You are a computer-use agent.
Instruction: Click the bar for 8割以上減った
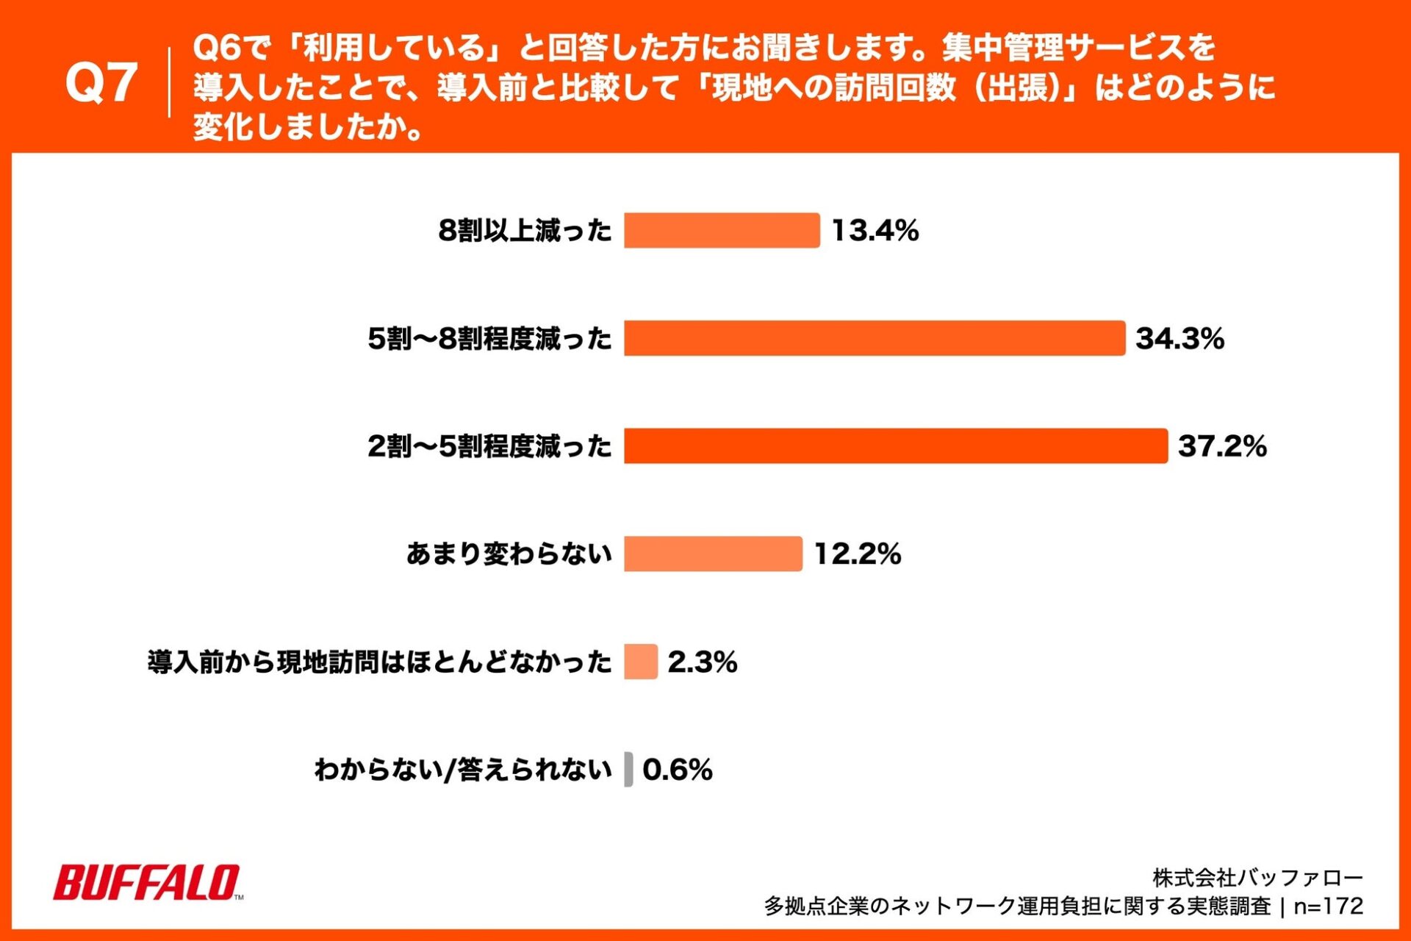(x=721, y=231)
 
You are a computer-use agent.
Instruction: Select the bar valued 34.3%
(x=874, y=338)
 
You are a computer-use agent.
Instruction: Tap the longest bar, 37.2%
(x=895, y=446)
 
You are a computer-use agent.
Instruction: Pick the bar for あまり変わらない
(x=713, y=554)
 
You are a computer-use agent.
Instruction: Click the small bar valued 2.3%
(x=640, y=662)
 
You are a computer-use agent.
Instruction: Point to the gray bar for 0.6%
(x=628, y=770)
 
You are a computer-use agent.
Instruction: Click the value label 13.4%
(x=875, y=231)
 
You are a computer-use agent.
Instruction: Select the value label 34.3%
(x=1180, y=338)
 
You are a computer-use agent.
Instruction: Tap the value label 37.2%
(x=1222, y=446)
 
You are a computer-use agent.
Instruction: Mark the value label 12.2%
(x=857, y=554)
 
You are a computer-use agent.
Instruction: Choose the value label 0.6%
(x=677, y=770)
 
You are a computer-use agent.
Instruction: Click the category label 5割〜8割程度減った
(x=489, y=339)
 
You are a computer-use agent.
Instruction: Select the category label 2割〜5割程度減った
(x=489, y=446)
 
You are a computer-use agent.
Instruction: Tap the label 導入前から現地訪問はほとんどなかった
(x=379, y=662)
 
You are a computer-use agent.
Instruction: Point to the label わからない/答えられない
(x=463, y=770)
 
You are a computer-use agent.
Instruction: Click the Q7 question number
(x=101, y=82)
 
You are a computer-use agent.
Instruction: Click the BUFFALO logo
(x=147, y=882)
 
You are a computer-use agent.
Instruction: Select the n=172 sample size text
(x=1328, y=906)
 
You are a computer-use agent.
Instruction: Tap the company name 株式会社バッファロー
(x=1257, y=878)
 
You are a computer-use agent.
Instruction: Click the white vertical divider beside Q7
(x=169, y=82)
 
